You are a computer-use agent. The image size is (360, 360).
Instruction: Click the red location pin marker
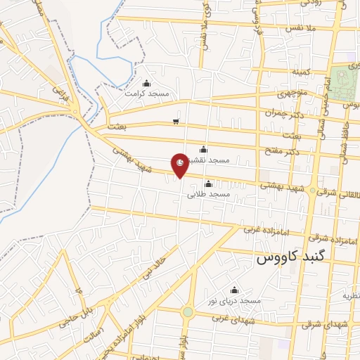[180, 165]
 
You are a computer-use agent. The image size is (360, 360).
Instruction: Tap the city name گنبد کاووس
[288, 257]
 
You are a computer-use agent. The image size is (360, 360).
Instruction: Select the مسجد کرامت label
[147, 93]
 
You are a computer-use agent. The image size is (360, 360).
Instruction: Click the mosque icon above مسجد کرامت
[146, 84]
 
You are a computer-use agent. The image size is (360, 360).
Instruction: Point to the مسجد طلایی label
[209, 193]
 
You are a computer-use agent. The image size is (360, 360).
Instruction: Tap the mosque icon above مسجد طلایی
[208, 184]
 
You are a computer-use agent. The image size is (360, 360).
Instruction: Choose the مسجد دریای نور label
[234, 300]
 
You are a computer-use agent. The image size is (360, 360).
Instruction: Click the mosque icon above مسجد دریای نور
[234, 290]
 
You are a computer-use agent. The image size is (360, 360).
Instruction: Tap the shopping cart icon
[175, 122]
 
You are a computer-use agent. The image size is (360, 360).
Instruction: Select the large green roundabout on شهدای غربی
[188, 311]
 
